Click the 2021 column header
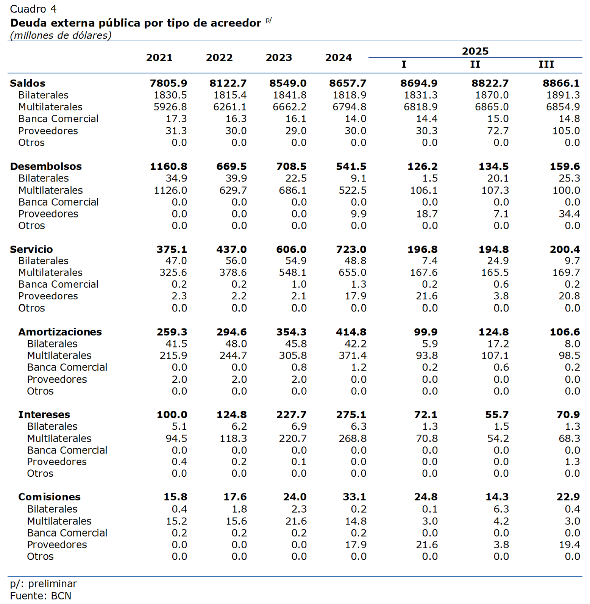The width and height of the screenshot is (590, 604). (x=159, y=58)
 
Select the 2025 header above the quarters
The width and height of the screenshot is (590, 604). (x=475, y=51)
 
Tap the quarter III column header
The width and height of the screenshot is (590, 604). (x=546, y=64)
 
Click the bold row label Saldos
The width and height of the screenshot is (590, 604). (x=28, y=83)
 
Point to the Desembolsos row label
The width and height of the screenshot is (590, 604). (x=46, y=166)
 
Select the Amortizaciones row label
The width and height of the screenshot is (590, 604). (x=60, y=332)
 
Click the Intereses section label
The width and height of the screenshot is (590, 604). (x=44, y=415)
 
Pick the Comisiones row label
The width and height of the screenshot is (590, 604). (x=49, y=497)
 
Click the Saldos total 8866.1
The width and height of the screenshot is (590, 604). (x=561, y=83)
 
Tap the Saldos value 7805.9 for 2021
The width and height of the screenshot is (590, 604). (x=168, y=83)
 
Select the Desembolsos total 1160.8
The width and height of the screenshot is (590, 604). (x=168, y=166)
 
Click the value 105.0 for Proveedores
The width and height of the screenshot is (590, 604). (x=566, y=131)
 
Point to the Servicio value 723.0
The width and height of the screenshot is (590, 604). (x=351, y=249)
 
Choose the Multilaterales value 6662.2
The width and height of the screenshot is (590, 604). (x=289, y=107)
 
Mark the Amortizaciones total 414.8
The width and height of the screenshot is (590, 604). (x=351, y=332)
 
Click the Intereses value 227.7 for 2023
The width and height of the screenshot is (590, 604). (x=291, y=415)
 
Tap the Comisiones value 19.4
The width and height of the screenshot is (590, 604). (x=569, y=545)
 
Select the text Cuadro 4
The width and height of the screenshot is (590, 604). (x=33, y=9)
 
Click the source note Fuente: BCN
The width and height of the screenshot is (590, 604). (x=41, y=596)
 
